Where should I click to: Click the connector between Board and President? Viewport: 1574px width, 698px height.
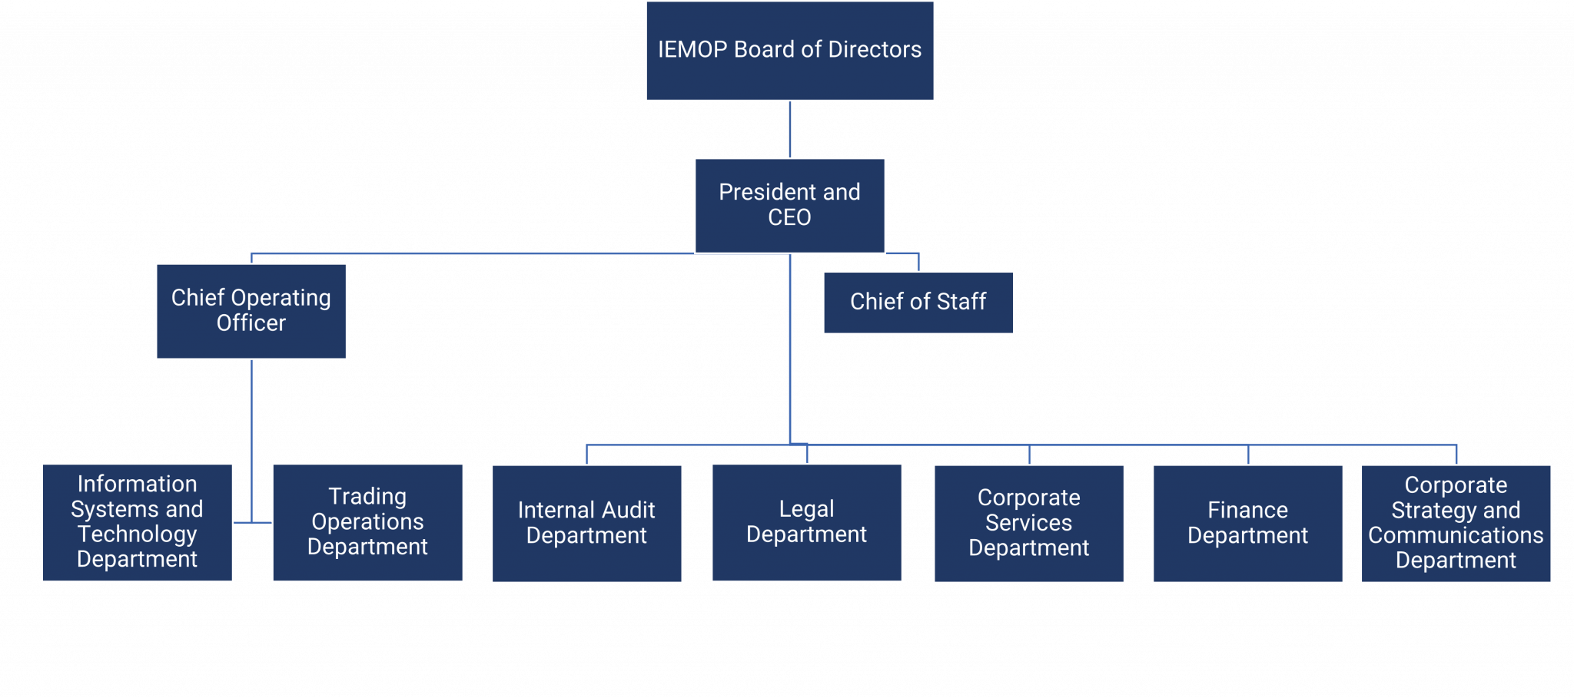point(789,130)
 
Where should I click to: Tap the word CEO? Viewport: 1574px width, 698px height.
point(789,218)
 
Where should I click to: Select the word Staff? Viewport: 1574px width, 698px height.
point(961,302)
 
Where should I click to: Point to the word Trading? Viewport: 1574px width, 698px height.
point(367,497)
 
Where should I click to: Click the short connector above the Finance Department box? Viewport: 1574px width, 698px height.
point(1248,455)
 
